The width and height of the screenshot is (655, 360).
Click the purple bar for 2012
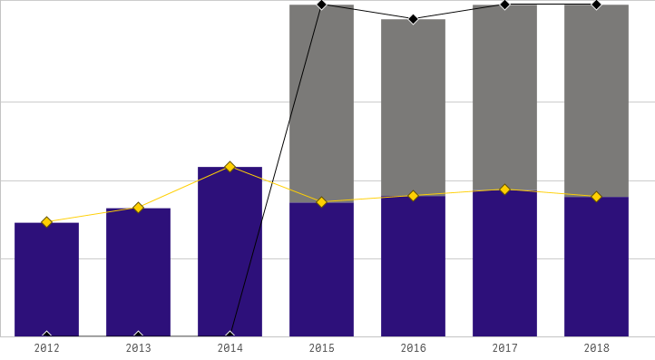46,281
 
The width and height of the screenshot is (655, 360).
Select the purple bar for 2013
138,274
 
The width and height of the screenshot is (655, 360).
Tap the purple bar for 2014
230,254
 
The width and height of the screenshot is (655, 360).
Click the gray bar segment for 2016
413,107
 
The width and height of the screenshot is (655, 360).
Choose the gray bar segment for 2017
504,97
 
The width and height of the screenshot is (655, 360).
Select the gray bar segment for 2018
596,101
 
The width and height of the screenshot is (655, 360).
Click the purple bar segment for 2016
413,267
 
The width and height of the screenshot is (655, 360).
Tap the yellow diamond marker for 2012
46,222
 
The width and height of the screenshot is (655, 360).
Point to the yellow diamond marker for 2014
230,167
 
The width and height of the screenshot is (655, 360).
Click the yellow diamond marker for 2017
504,190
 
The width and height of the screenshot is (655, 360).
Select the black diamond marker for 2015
321,5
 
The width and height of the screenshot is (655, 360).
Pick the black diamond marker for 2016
413,19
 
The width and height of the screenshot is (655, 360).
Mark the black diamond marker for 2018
596,5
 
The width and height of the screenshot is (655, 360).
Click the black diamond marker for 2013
138,336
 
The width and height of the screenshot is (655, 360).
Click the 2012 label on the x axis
46,348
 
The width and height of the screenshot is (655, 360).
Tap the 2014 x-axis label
230,348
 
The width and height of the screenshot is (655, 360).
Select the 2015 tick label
321,348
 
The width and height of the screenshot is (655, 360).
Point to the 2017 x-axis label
504,348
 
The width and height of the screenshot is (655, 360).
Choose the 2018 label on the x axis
596,348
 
